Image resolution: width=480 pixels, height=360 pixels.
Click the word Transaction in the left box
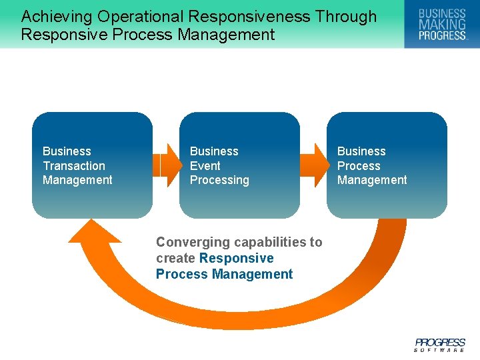tap(74, 166)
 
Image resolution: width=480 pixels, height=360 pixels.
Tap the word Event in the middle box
tap(205, 166)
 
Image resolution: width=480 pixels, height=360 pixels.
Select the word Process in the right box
tap(359, 166)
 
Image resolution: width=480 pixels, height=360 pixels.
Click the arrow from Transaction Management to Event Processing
tap(167, 165)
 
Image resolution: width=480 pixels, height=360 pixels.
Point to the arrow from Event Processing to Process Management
tap(313, 165)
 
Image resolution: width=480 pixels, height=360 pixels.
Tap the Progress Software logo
tap(440, 344)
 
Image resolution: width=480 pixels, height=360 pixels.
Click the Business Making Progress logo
tap(442, 24)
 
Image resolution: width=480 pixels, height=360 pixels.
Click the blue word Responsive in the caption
tap(236, 258)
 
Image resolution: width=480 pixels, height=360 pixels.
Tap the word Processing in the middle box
tap(219, 180)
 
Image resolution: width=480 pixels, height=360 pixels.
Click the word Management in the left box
tap(77, 180)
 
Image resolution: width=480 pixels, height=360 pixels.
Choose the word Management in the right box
tap(372, 180)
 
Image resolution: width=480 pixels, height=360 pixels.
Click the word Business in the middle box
tap(214, 151)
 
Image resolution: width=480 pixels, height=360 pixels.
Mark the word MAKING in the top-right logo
tap(442, 24)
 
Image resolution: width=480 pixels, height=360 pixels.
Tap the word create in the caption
tap(175, 258)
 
